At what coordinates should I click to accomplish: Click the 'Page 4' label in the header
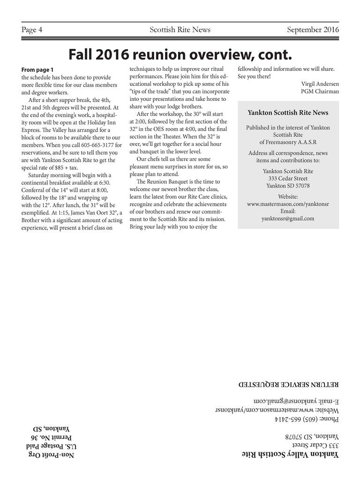coord(32,30)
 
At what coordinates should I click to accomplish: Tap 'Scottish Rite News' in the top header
coord(180,30)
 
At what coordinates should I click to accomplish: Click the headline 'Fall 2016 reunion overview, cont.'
coord(180,55)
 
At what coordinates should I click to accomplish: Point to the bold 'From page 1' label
coord(37,70)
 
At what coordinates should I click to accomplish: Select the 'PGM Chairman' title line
coord(320,91)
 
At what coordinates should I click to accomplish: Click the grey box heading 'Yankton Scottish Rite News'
coord(288,113)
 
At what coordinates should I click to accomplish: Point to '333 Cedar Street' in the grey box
coord(288,178)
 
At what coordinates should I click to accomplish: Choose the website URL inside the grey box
coord(288,204)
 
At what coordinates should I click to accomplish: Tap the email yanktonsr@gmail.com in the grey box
coord(288,218)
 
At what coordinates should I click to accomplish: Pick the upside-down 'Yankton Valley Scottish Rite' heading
coord(291,455)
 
